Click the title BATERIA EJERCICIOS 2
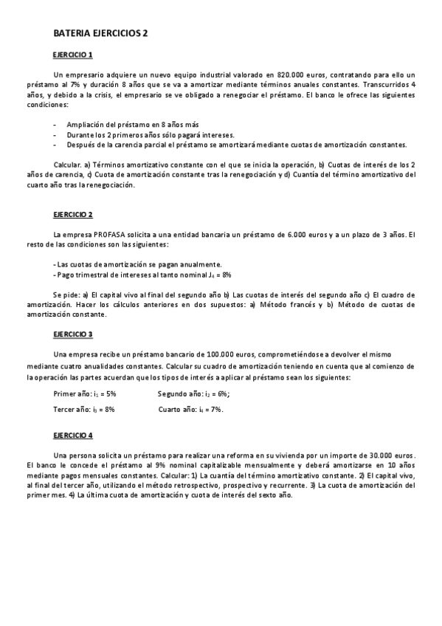pos(101,34)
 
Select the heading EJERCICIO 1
pos(72,55)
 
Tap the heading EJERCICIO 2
pos(72,215)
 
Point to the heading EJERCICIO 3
pos(72,334)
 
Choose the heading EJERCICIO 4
pos(72,436)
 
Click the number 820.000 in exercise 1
pos(291,75)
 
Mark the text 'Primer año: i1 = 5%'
pos(85,394)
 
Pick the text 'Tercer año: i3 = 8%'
pos(84,409)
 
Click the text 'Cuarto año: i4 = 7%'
pos(190,409)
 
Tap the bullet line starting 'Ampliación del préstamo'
pos(132,124)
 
